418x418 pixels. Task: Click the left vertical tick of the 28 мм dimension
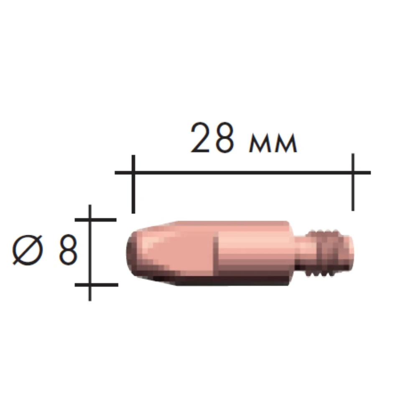click(133, 184)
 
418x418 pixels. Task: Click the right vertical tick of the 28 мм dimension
click(353, 182)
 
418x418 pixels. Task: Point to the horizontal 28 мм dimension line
click(242, 172)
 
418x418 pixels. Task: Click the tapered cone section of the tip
click(155, 251)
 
